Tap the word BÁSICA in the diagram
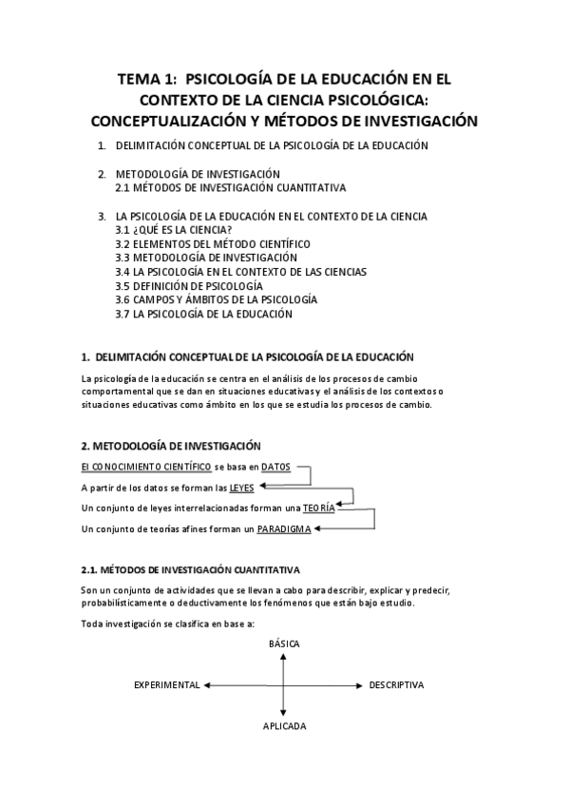[x=283, y=643]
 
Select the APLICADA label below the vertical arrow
[x=284, y=725]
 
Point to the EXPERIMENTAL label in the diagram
[x=166, y=684]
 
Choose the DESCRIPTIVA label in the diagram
[x=396, y=684]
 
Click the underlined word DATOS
[x=276, y=467]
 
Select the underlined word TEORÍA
[x=319, y=508]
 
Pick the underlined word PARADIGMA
[x=284, y=528]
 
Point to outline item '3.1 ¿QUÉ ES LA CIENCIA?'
[x=174, y=230]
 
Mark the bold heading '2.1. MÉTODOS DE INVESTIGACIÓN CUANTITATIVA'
[x=191, y=570]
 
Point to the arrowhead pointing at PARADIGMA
[x=319, y=528]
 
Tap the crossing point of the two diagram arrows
[x=283, y=684]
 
